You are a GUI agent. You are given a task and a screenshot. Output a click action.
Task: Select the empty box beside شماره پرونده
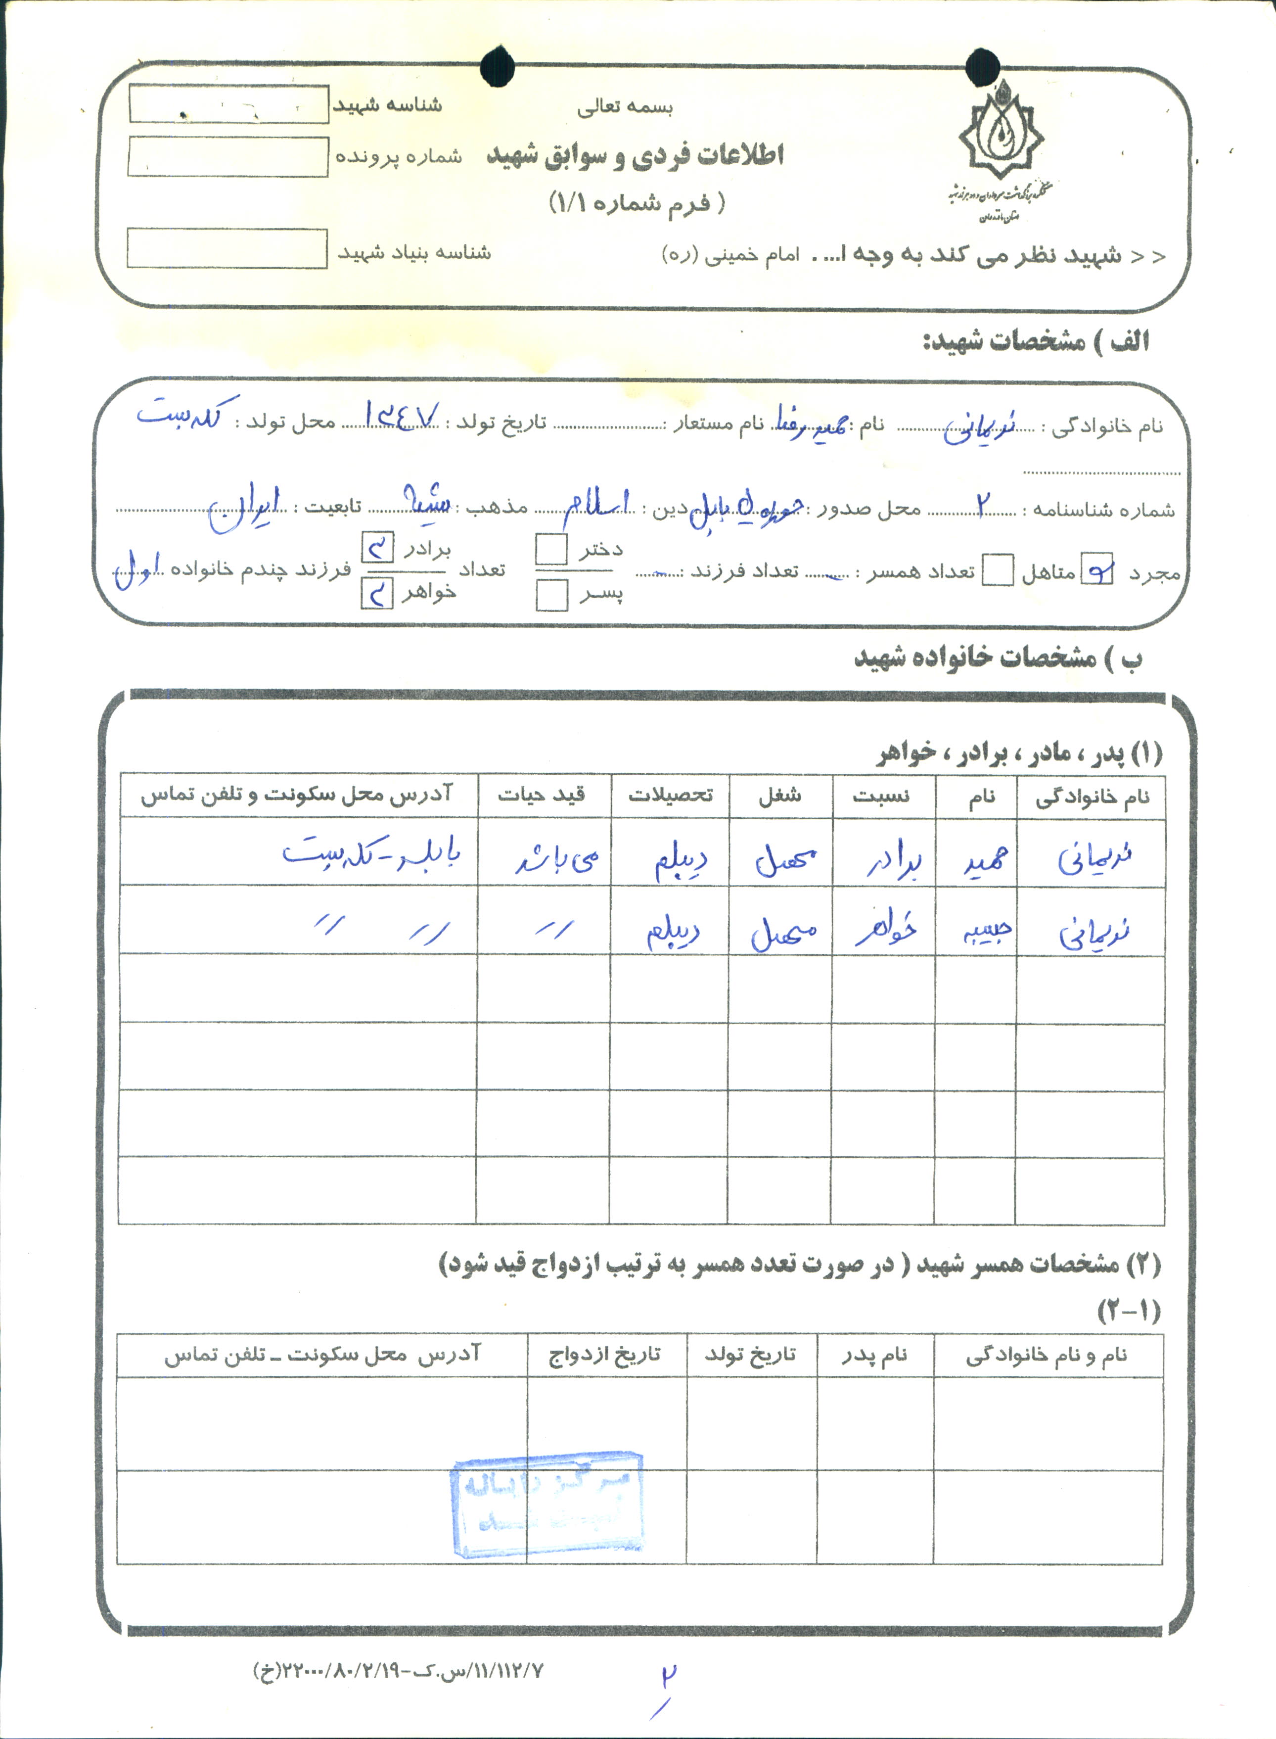coord(228,157)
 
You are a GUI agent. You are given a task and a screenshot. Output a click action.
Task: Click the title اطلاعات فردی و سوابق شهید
coord(635,155)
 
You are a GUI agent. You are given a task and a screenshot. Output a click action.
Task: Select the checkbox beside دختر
coord(551,549)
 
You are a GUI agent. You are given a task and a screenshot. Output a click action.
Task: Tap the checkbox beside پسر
coord(551,595)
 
